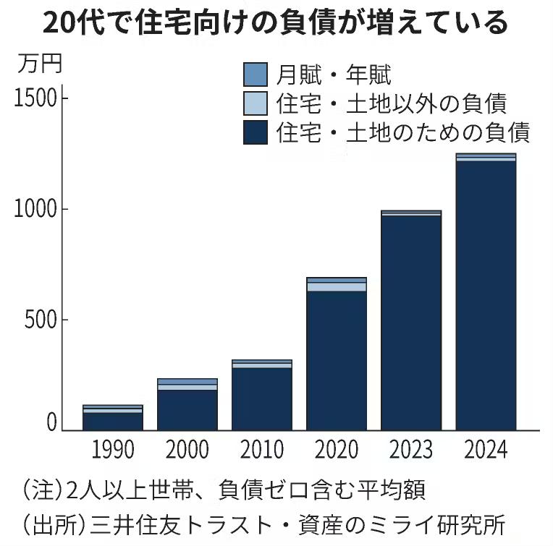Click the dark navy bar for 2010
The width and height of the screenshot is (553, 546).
pos(262,398)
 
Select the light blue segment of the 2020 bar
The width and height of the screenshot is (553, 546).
pos(337,286)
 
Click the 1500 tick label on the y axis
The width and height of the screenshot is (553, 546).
pos(35,98)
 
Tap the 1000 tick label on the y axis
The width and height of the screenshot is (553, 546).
pos(35,209)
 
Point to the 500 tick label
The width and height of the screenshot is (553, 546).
pos(41,320)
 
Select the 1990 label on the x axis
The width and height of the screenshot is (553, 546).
pos(113,449)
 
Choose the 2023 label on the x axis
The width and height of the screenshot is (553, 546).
pos(411,449)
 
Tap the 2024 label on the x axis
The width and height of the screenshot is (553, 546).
pos(486,449)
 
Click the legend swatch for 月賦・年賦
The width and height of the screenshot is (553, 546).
pos(256,74)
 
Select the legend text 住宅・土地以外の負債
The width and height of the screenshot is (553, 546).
pos(391,103)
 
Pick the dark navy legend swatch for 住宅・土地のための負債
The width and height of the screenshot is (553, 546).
pos(256,133)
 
